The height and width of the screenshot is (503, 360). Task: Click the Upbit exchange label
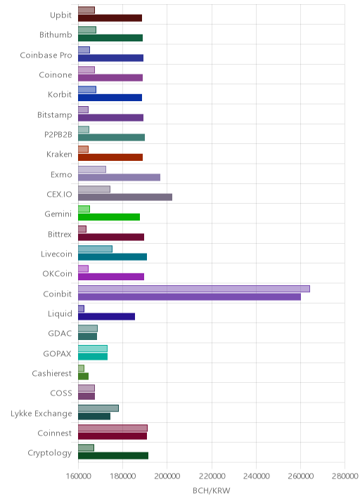click(x=60, y=15)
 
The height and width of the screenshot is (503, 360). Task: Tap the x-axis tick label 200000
click(x=167, y=476)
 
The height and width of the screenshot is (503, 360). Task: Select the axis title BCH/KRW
click(x=212, y=491)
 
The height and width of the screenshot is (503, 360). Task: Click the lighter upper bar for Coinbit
click(x=194, y=289)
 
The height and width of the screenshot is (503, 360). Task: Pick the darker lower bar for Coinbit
click(x=189, y=296)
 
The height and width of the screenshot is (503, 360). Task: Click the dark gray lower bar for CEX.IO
click(x=125, y=197)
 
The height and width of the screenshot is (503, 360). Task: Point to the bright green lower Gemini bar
click(x=109, y=217)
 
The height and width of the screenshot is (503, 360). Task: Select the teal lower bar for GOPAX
click(x=93, y=356)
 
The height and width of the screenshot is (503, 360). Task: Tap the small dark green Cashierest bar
click(x=83, y=377)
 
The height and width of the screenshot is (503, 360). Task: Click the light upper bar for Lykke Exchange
click(x=98, y=408)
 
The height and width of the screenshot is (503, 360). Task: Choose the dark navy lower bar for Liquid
click(x=106, y=317)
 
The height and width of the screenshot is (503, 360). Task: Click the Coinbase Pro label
click(x=46, y=55)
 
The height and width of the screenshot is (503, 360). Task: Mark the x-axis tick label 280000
click(x=345, y=476)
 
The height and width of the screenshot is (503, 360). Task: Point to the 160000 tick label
click(x=78, y=476)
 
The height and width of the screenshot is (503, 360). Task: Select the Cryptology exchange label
click(x=49, y=453)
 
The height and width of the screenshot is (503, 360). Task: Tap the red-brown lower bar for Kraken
click(x=110, y=157)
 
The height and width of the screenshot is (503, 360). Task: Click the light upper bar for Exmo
click(x=92, y=169)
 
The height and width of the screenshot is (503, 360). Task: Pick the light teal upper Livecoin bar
click(x=95, y=249)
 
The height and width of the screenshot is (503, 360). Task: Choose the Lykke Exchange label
click(x=41, y=414)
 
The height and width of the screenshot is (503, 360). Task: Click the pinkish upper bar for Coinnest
click(x=112, y=428)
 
